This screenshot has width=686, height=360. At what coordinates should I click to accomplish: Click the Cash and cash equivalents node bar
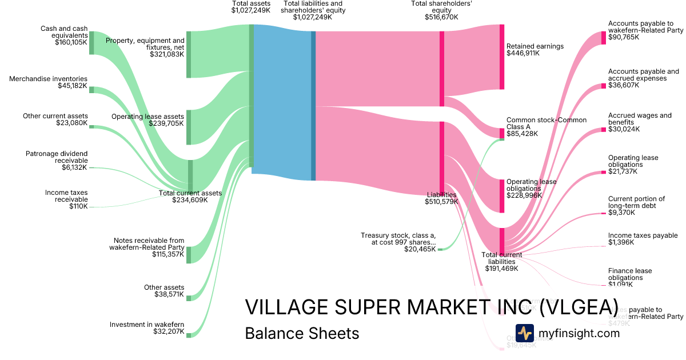(x=91, y=43)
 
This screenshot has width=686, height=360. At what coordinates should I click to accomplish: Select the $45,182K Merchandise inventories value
(x=73, y=86)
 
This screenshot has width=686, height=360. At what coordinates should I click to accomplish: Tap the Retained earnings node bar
(x=502, y=57)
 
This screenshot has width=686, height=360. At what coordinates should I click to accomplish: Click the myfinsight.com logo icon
(x=524, y=333)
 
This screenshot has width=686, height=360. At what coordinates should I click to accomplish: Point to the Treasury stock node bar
(x=440, y=249)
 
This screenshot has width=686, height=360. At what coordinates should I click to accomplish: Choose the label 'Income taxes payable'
(x=643, y=235)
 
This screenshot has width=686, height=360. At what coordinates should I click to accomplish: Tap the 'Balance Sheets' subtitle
(x=302, y=333)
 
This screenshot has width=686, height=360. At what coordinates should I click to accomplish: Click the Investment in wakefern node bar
(x=189, y=335)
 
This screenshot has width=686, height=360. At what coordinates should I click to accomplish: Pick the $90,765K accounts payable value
(x=624, y=37)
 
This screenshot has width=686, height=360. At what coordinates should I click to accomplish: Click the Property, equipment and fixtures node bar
(x=189, y=54)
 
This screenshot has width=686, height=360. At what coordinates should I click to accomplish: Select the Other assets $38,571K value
(x=169, y=294)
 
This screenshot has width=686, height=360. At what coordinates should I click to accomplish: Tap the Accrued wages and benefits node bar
(x=603, y=129)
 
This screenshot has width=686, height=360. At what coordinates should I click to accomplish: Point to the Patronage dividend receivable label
(x=57, y=157)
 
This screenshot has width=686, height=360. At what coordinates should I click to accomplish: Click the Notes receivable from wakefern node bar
(x=189, y=254)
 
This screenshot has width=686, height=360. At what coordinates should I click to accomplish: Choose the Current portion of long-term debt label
(x=636, y=202)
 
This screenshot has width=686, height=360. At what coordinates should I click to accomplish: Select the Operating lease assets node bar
(x=189, y=127)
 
